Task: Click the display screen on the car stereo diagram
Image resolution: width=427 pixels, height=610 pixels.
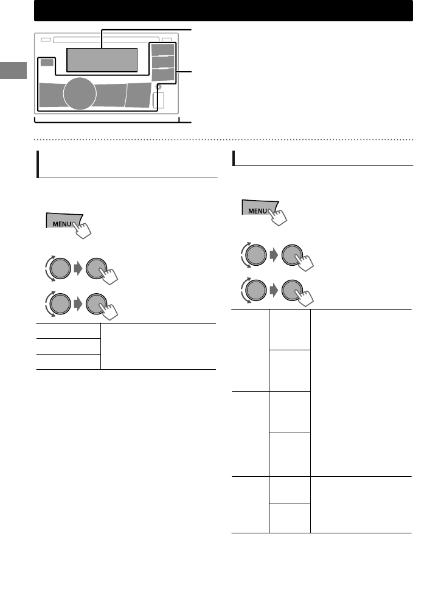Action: tap(102, 60)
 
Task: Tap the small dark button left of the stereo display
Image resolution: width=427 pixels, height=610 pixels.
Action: tap(46, 63)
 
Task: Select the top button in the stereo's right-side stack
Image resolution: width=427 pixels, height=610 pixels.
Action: tap(162, 50)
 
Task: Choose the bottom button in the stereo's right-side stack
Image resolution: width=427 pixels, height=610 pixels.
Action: tap(162, 75)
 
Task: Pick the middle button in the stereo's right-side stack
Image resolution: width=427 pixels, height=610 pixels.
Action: tap(162, 62)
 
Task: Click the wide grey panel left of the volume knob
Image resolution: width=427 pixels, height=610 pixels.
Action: tap(50, 95)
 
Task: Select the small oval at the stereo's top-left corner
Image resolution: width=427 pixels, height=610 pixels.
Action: tap(45, 40)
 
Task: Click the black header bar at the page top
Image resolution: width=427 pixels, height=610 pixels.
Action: tap(223, 10)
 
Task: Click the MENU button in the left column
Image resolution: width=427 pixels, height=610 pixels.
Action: tap(63, 222)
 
